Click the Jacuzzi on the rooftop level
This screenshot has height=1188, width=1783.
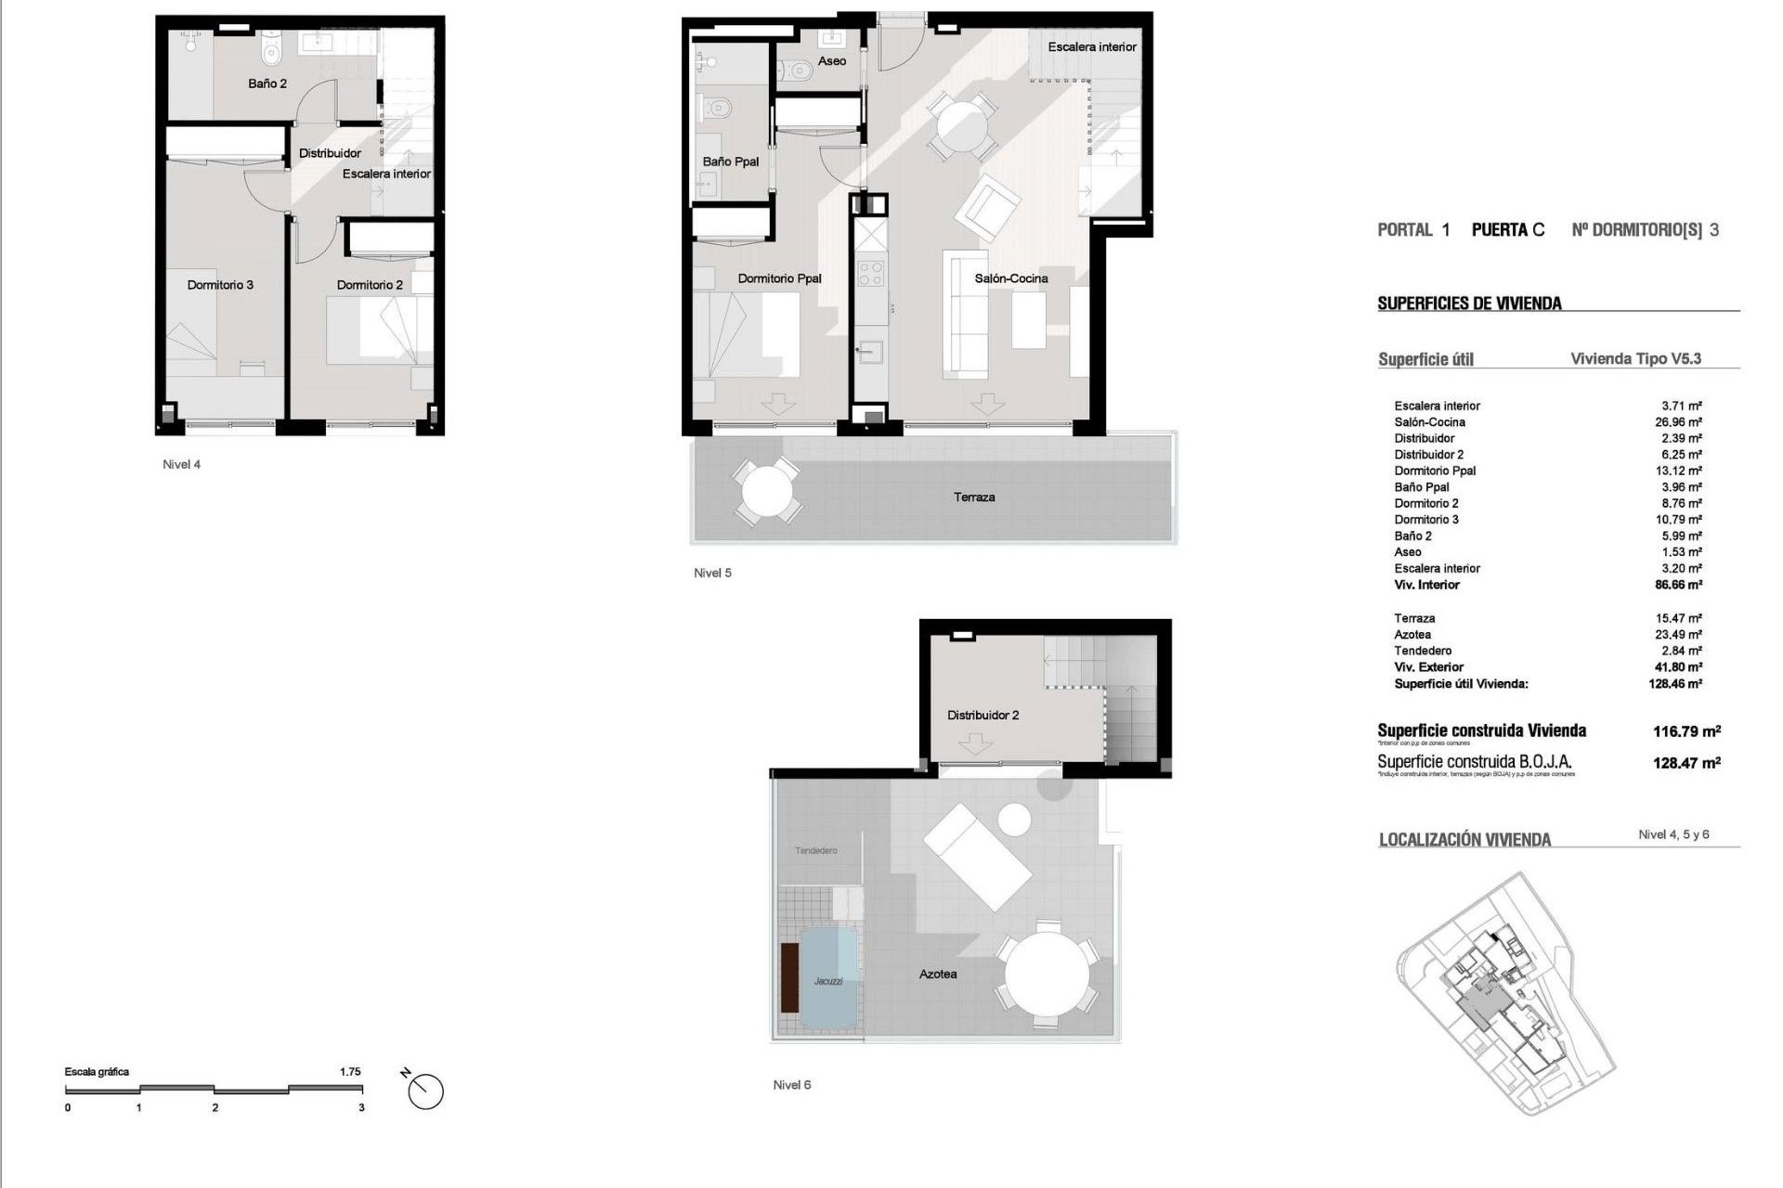pos(827,979)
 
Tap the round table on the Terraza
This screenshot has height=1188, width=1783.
pos(765,491)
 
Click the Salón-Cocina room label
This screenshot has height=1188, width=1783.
pos(1010,278)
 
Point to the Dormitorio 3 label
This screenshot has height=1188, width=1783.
pos(220,285)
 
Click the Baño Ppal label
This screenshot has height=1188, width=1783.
pos(731,161)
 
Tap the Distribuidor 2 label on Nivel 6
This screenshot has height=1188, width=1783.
pos(983,716)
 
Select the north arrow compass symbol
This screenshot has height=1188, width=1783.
pos(426,1090)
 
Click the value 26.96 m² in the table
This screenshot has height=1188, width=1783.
pos(1681,422)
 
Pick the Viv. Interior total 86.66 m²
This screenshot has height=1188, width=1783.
pos(1681,585)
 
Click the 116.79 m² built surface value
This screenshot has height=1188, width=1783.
pos(1686,731)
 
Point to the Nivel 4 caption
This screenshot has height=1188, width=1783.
pos(181,465)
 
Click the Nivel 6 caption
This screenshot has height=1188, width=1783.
pos(792,1085)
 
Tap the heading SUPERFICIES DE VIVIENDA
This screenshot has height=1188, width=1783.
pos(1469,303)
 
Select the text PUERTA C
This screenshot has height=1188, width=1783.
pos(1508,230)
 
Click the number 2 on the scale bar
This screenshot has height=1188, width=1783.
pos(215,1107)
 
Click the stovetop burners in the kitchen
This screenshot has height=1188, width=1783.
pos(871,273)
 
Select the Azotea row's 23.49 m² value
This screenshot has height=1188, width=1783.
pos(1681,635)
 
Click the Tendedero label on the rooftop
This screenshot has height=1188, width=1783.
pos(816,850)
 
